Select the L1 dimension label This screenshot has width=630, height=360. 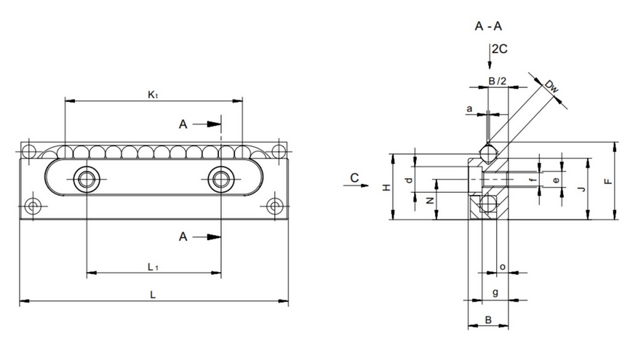pos(153,267)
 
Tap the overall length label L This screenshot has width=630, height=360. pos(153,294)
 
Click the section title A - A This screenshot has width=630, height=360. pos(489,27)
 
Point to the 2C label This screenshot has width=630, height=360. pos(499,49)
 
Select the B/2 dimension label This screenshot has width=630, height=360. pos(498,81)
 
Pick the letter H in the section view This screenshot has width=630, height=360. pos(387,188)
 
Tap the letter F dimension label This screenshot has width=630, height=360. pos(609,183)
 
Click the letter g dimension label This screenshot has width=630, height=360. pos(495,292)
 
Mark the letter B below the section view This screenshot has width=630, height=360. pos(490,319)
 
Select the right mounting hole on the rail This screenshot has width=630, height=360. pos(220,178)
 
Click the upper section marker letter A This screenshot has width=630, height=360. pos(183,124)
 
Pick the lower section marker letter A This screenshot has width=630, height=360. pos(183,236)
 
